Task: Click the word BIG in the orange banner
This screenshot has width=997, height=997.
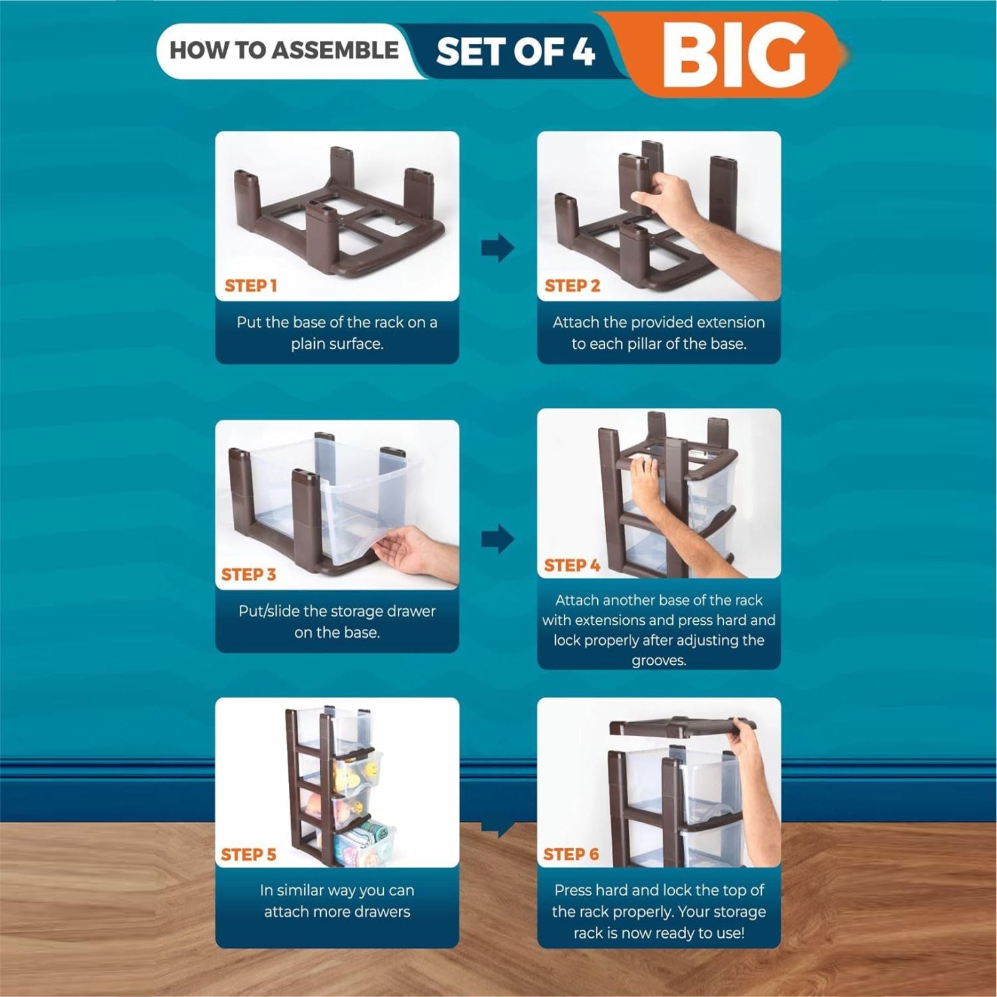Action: click(734, 55)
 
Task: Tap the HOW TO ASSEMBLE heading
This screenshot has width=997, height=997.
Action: click(284, 50)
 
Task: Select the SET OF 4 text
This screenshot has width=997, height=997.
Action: click(515, 52)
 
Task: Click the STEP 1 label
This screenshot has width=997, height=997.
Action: click(250, 286)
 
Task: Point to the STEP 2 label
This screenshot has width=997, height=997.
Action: click(572, 286)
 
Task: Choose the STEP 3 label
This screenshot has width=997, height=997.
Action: click(248, 575)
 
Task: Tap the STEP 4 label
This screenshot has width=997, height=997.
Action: click(572, 565)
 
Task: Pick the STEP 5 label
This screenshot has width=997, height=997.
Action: click(248, 854)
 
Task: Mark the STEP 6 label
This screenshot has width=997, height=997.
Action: click(571, 854)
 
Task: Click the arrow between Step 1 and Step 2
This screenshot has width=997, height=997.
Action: click(498, 248)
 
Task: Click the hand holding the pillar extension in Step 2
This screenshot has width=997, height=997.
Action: click(704, 226)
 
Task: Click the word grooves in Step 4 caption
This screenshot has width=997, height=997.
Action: click(658, 661)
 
